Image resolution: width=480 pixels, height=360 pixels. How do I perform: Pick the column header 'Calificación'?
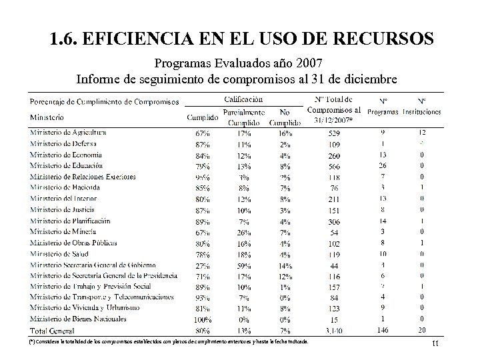[x=244, y=99]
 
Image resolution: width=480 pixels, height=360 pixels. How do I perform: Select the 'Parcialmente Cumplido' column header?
[x=244, y=117]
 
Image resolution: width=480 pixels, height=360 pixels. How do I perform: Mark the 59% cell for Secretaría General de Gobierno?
[x=244, y=265]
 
